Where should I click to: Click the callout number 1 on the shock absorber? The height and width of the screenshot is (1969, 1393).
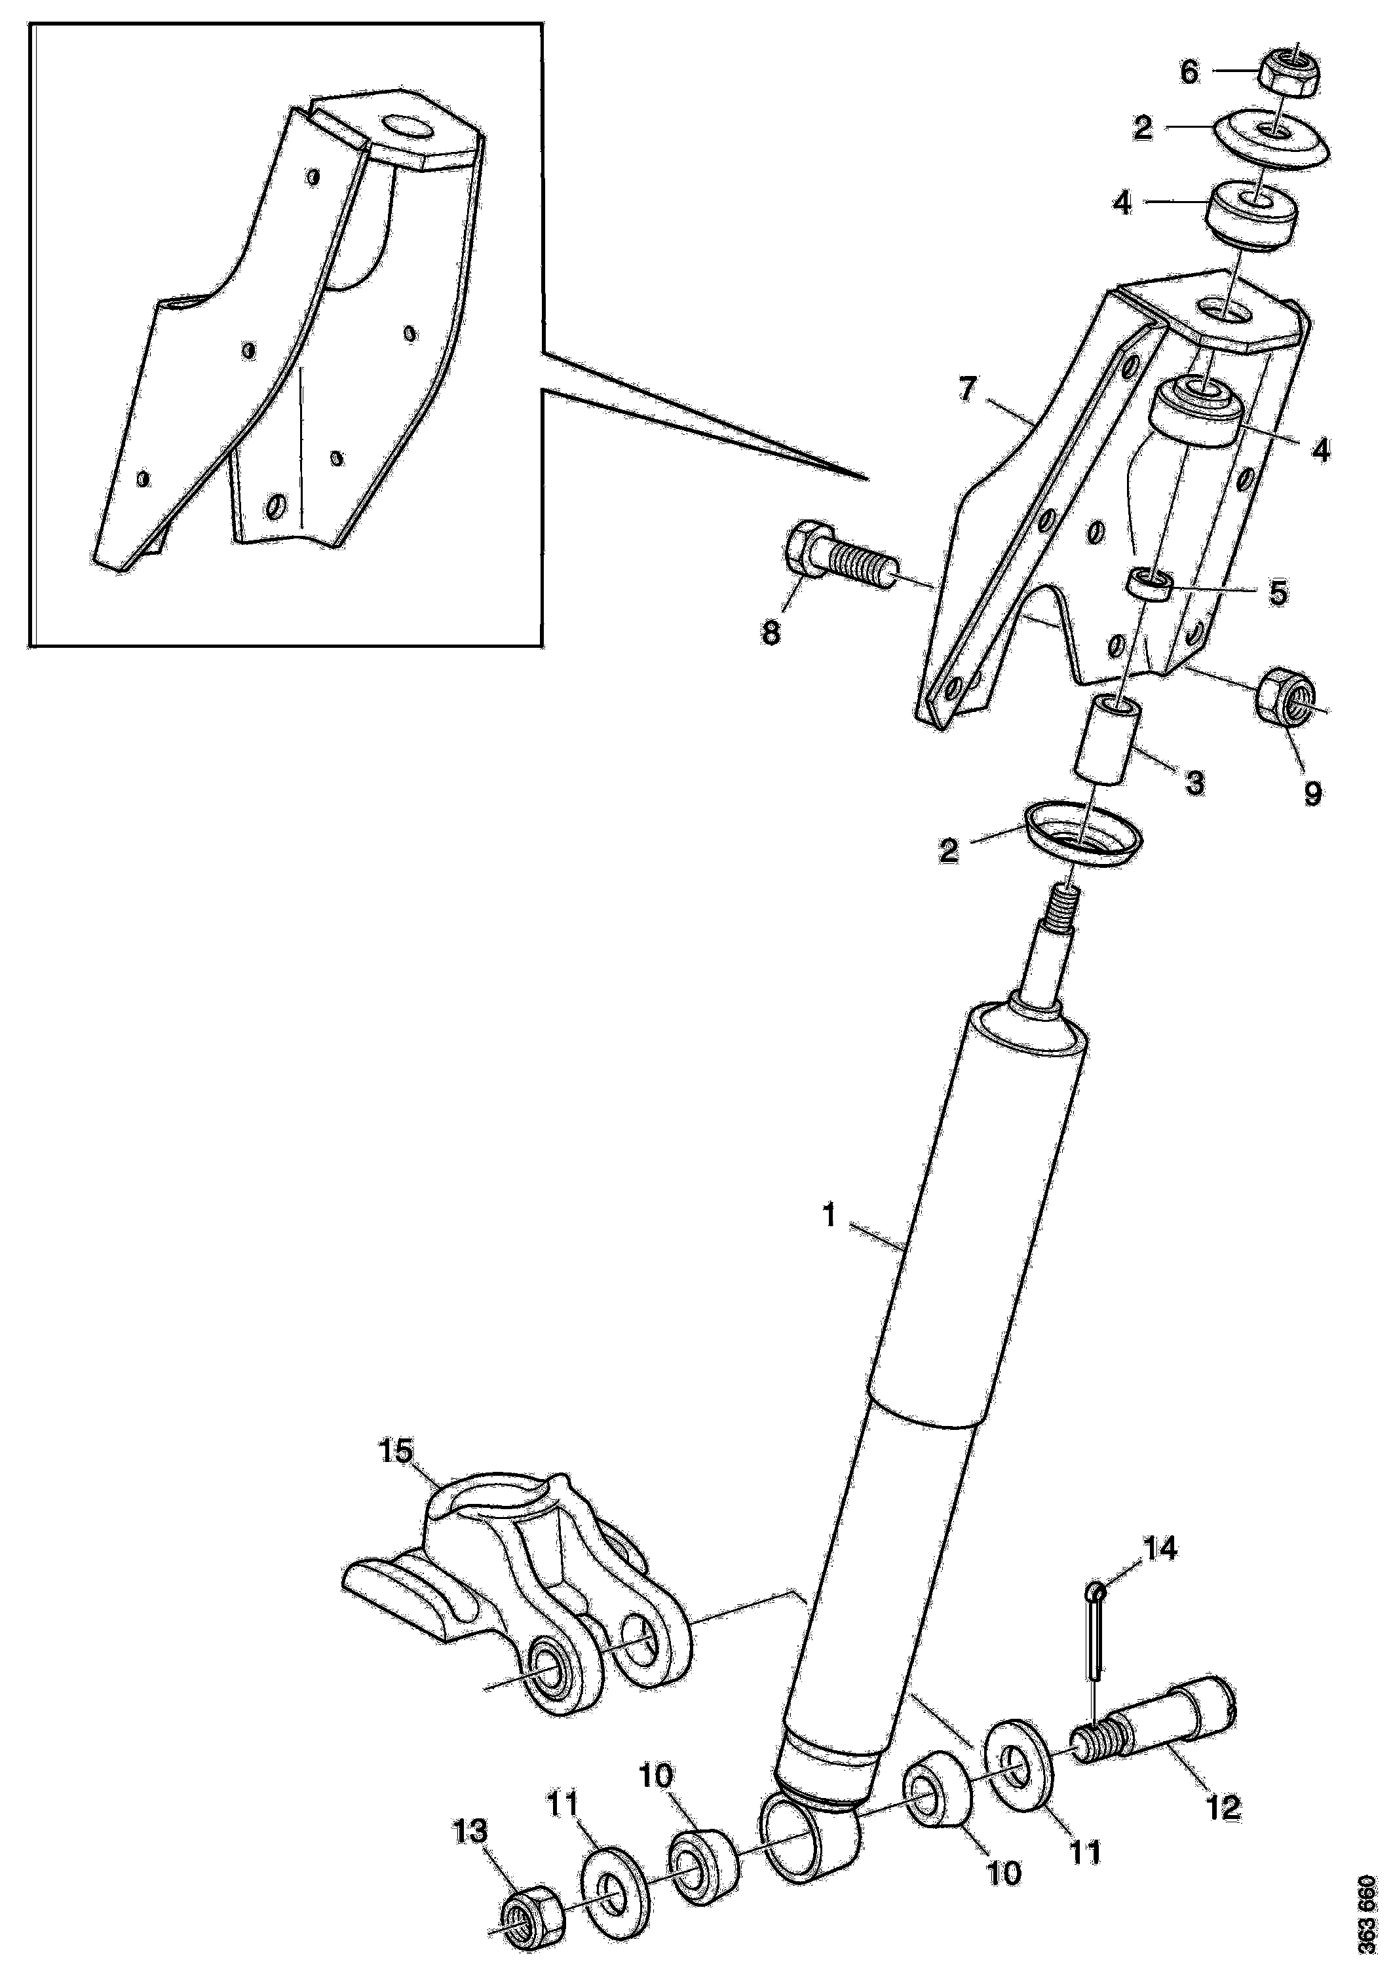click(829, 1216)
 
